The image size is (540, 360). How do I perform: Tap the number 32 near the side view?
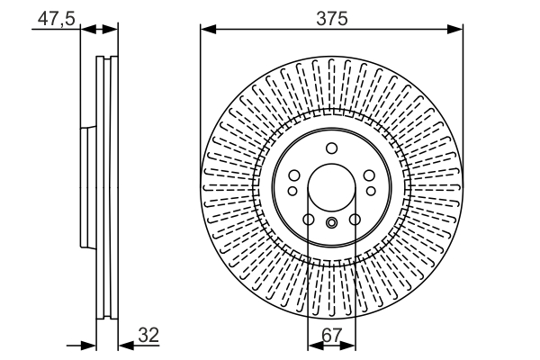click(x=148, y=335)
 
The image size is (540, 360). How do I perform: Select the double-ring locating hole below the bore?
click(x=331, y=224)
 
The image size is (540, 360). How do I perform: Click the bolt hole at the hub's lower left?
click(x=308, y=220)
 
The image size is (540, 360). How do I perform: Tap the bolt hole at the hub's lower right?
click(x=355, y=220)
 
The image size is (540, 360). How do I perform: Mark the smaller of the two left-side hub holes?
click(x=292, y=190)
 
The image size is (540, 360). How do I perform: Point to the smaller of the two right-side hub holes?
click(x=371, y=190)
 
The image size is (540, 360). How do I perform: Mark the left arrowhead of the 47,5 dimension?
click(x=85, y=30)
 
